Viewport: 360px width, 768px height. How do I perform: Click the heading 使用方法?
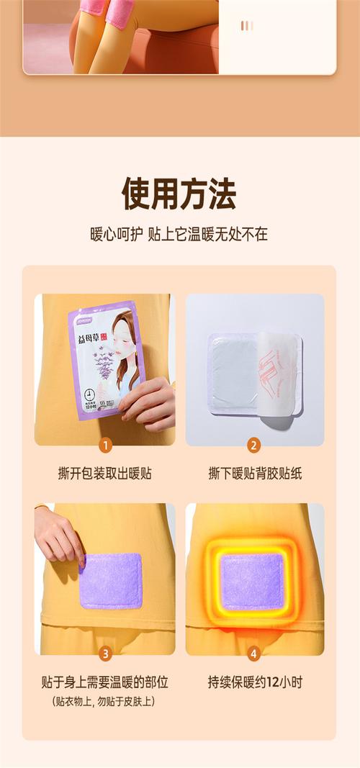[x=179, y=194]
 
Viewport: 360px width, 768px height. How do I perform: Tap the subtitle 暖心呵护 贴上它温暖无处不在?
[x=179, y=235]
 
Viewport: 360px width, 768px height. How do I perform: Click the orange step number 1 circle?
[x=105, y=445]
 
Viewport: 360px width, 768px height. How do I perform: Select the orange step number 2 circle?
[x=254, y=445]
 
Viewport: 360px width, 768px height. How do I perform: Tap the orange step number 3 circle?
[x=105, y=654]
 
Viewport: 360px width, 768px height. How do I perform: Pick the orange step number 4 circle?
[x=254, y=654]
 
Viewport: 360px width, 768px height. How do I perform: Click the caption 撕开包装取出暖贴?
[x=105, y=473]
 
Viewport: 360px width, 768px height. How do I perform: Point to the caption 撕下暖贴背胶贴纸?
[x=254, y=473]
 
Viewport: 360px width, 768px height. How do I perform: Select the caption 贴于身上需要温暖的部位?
[x=105, y=682]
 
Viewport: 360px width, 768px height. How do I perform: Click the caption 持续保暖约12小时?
[x=254, y=682]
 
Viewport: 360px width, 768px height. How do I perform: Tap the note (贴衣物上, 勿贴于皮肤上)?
[x=105, y=701]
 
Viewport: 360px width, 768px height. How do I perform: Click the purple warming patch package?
[x=105, y=360]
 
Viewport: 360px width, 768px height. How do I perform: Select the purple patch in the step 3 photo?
[x=111, y=580]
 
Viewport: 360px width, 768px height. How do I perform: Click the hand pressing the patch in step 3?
[x=58, y=536]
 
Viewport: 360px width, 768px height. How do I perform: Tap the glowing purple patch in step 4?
[x=251, y=580]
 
